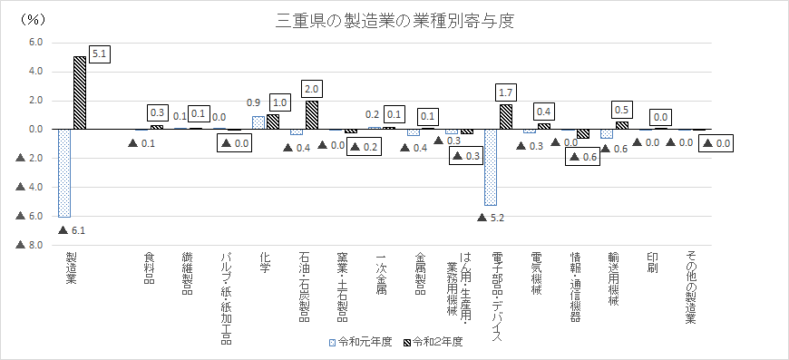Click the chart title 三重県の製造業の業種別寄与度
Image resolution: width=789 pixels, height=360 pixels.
pos(395,22)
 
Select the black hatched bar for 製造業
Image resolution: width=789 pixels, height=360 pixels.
pos(80,93)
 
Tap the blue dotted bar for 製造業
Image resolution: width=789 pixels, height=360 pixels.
pos(64,173)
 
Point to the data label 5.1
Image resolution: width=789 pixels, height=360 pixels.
pos(100,54)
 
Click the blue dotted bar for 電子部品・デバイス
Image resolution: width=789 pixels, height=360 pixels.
pos(490,168)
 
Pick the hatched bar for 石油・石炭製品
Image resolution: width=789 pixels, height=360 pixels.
pos(312,115)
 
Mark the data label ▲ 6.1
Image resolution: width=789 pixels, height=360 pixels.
pos(71,229)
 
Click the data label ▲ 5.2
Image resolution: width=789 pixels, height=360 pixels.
pos(489,218)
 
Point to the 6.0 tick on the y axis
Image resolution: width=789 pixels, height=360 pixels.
pos(37,43)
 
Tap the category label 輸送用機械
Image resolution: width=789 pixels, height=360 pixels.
pos(613,279)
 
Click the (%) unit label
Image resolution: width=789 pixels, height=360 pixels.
pos(34,20)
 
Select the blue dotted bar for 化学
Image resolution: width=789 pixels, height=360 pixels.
pos(258,123)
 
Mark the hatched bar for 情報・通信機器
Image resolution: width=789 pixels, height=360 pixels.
pos(583,133)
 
